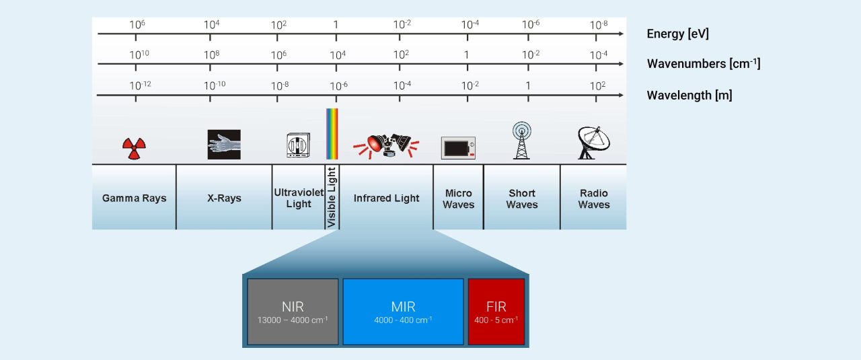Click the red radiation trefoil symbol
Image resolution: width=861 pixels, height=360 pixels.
134,147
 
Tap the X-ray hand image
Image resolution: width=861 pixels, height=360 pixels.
224,144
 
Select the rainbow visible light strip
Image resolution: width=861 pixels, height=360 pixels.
332,133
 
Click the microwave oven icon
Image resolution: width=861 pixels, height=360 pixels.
458,147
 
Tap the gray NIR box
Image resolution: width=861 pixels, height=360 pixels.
293,312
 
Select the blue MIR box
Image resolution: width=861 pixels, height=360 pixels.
403,312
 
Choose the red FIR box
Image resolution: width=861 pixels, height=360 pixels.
496,312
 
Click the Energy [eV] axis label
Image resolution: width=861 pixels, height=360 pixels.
677,34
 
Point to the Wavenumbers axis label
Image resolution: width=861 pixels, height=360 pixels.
703,64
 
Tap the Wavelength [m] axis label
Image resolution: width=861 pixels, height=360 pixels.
689,95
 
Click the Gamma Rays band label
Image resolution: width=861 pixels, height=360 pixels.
134,199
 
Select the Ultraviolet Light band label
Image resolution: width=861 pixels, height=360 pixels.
299,198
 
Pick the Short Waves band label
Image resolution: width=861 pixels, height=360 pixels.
522,199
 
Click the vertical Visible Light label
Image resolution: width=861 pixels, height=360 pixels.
332,197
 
